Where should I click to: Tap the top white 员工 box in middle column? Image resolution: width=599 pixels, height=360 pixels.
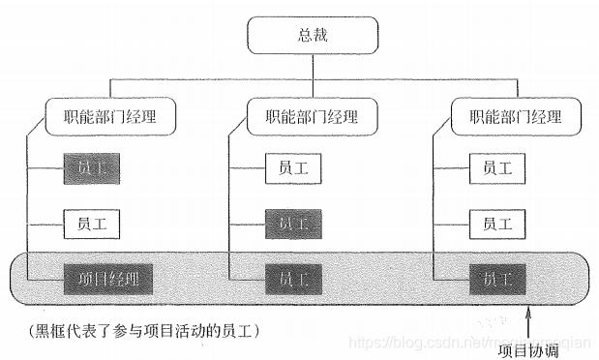pyautogui.click(x=294, y=168)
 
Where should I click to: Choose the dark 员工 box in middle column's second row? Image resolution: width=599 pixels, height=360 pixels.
pyautogui.click(x=294, y=224)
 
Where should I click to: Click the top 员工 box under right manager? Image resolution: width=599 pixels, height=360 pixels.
pyautogui.click(x=497, y=168)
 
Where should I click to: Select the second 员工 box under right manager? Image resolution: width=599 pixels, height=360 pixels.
pyautogui.click(x=497, y=224)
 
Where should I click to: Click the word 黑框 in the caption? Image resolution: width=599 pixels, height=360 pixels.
pyautogui.click(x=47, y=329)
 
